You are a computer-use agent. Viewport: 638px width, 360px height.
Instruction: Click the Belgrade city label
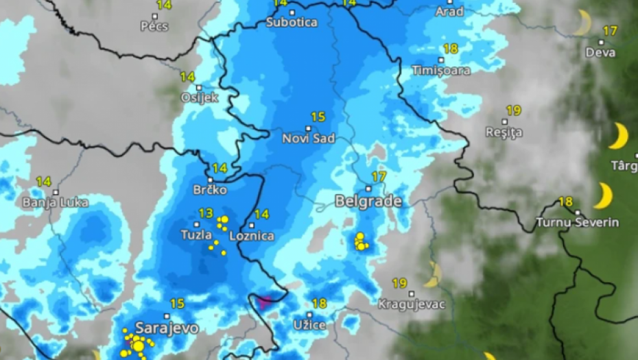368,201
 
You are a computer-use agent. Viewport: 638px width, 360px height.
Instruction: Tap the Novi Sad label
309,139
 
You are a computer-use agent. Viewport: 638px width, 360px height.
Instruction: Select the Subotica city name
292,22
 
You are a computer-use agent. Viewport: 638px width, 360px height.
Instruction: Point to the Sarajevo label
167,328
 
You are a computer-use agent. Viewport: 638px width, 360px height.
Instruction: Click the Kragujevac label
412,304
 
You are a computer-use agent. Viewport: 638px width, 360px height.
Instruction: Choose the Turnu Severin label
577,222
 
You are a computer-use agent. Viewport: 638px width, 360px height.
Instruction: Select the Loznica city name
251,236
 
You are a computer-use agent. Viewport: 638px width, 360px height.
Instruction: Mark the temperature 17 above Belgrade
379,177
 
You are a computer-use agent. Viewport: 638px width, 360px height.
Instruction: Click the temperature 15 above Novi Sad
318,117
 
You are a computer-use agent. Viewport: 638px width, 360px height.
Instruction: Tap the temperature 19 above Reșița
513,110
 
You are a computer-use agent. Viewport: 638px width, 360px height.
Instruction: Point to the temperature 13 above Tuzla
206,213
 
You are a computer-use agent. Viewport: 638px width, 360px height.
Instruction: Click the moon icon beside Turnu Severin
604,195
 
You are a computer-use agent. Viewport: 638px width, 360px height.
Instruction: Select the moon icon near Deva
583,23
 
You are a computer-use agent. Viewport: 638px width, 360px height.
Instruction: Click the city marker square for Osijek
199,88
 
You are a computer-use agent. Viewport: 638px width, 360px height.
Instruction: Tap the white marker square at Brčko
211,180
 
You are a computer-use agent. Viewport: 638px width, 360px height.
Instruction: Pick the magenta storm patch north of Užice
264,300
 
